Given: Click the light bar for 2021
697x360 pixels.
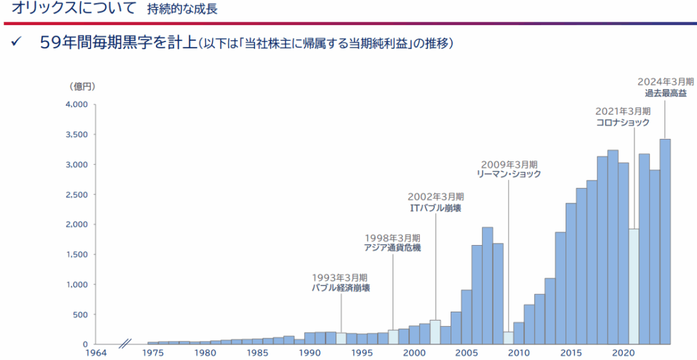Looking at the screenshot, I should [634, 286].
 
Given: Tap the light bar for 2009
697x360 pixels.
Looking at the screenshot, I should [508, 338].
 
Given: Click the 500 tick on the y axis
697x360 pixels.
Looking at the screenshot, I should [80, 314].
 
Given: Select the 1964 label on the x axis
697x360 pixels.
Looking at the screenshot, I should [96, 353].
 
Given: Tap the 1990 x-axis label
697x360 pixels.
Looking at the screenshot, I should [310, 353].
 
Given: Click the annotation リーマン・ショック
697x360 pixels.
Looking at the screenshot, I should [508, 174].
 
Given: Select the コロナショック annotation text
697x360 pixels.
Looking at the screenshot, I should [623, 122].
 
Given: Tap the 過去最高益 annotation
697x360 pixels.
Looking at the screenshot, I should [665, 93].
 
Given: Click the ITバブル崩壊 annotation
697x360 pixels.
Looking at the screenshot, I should [435, 208].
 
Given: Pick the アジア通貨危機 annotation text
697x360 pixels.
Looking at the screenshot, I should [393, 248].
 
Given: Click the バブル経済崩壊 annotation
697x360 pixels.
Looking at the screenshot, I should [340, 288].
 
